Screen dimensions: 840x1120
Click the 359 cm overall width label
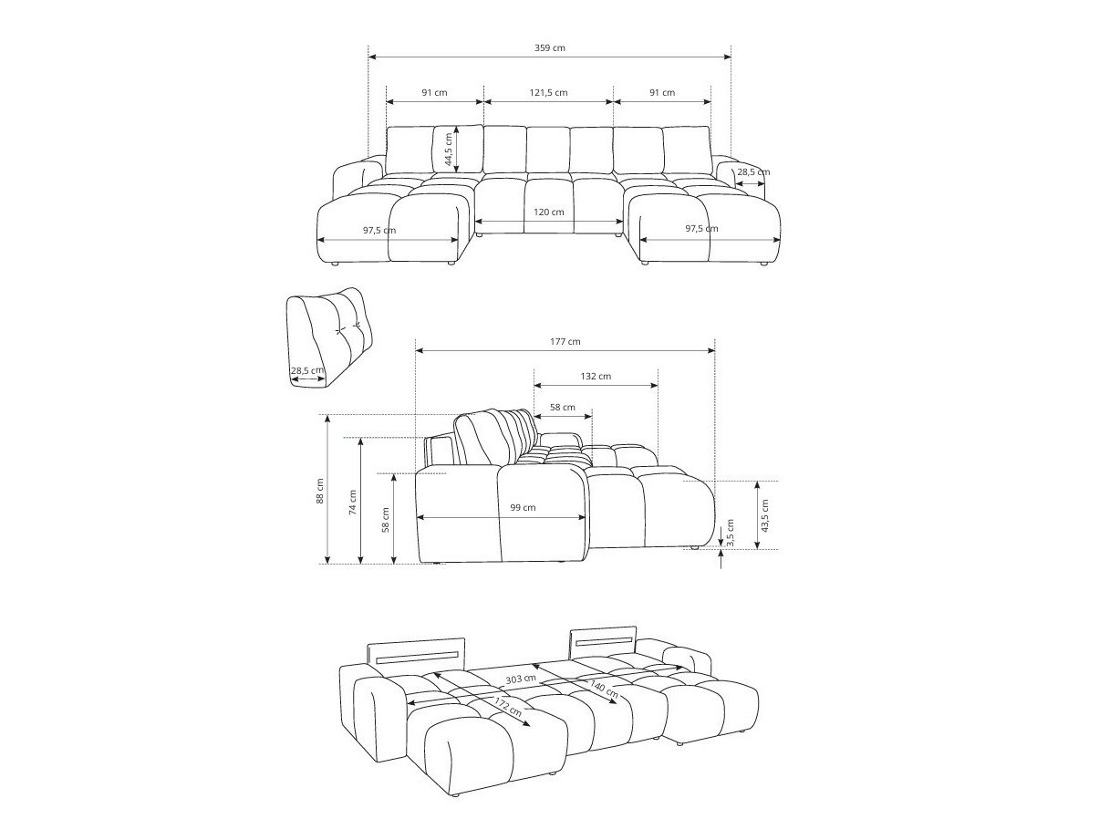[x=551, y=47]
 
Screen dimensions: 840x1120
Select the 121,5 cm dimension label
[x=549, y=92]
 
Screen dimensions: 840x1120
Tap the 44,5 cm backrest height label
[x=448, y=149]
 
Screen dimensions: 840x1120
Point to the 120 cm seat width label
[x=549, y=212]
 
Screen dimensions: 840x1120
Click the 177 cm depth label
[x=565, y=341]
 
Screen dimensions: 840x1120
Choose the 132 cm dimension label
[x=596, y=376]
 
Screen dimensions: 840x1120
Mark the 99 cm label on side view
[x=523, y=507]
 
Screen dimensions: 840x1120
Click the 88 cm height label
[x=319, y=492]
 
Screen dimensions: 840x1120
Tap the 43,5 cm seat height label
[x=764, y=516]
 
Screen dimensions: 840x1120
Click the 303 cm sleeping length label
[x=521, y=679]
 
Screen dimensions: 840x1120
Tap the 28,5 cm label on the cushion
[x=306, y=370]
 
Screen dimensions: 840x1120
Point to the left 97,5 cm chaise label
[x=379, y=230]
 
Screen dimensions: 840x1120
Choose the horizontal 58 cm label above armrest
[x=563, y=407]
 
